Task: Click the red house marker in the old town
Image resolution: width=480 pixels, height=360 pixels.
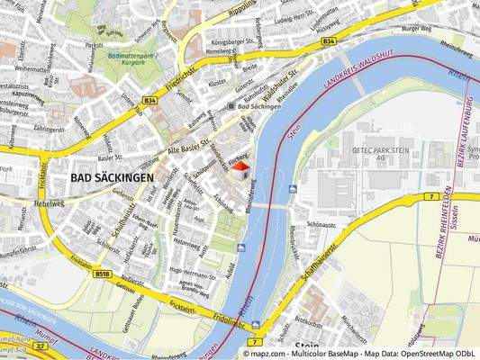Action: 240,169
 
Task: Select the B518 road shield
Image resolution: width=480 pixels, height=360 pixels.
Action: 102,274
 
